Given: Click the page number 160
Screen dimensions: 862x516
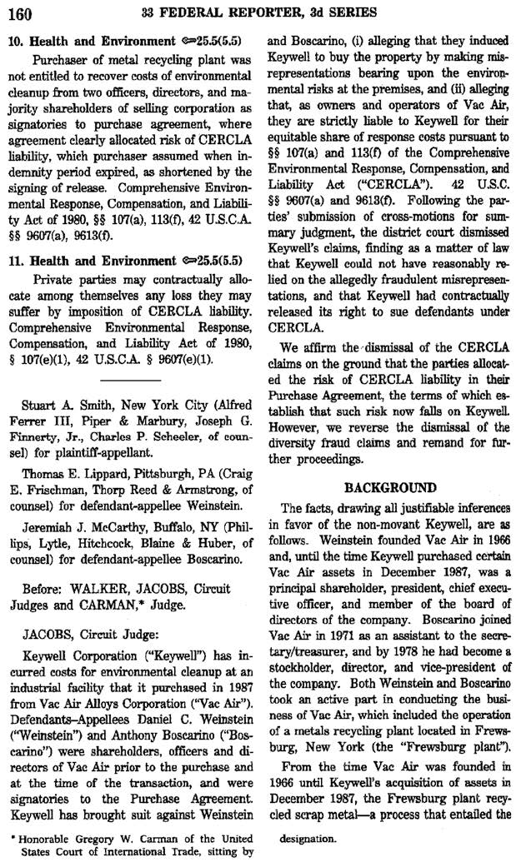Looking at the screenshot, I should tap(21, 14).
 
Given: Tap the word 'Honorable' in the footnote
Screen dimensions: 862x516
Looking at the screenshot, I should tap(43, 838).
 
